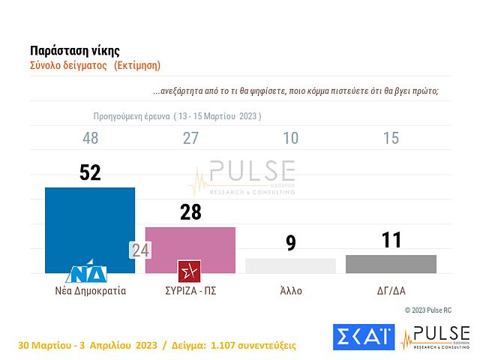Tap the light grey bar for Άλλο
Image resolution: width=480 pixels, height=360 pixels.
click(x=290, y=266)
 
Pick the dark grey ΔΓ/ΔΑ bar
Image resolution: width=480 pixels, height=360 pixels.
click(x=391, y=264)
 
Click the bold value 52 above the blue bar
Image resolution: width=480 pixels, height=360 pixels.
click(x=90, y=172)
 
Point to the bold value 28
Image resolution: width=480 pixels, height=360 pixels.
click(x=190, y=212)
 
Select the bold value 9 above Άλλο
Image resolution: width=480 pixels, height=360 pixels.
click(x=290, y=243)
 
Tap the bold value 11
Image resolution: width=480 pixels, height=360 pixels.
click(x=391, y=240)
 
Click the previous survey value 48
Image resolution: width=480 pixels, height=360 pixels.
click(x=90, y=138)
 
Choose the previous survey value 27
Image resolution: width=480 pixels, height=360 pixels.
click(x=190, y=138)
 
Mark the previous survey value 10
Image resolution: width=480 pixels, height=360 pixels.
click(x=290, y=138)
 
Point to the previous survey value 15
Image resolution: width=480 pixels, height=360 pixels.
click(x=391, y=138)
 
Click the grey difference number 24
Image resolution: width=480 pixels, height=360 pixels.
click(x=140, y=250)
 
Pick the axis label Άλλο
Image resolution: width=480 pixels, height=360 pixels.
click(x=290, y=290)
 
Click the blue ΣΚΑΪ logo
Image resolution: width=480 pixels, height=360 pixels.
click(x=363, y=337)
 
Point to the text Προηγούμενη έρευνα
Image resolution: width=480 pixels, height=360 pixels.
click(x=130, y=117)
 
